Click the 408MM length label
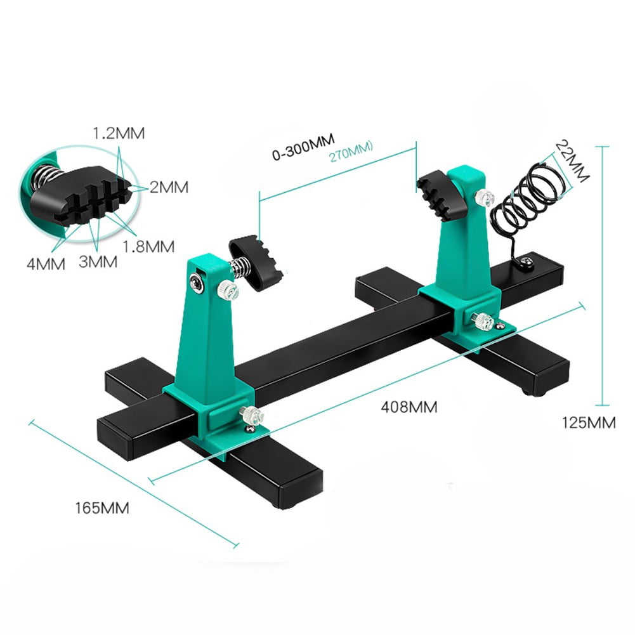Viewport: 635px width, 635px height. tap(409, 407)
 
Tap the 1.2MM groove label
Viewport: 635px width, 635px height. tap(119, 134)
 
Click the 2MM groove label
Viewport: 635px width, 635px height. tap(169, 187)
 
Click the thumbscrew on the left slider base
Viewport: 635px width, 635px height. tap(253, 416)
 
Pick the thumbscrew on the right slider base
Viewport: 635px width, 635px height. tap(484, 322)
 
